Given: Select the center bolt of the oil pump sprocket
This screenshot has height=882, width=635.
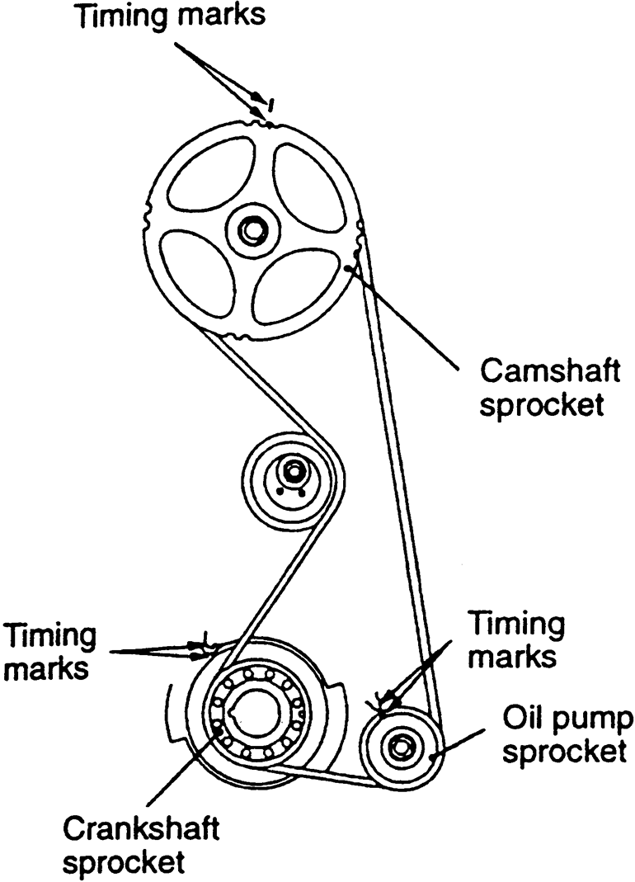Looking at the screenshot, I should [401, 746].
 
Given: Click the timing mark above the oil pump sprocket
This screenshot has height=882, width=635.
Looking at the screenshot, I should [381, 702].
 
